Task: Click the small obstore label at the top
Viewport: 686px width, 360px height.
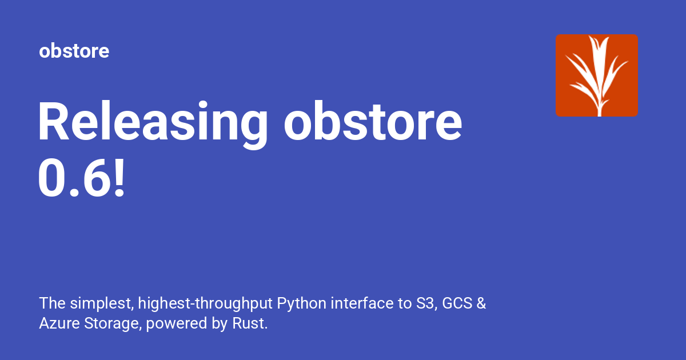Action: (74, 51)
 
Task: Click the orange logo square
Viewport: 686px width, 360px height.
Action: (596, 75)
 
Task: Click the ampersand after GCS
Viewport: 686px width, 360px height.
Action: (481, 303)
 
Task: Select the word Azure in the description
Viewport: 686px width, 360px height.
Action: (56, 323)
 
